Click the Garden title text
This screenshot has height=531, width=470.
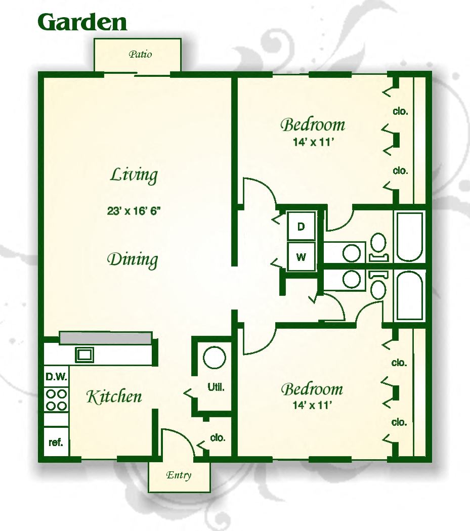82,22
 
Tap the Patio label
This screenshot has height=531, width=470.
140,54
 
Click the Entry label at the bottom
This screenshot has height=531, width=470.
179,475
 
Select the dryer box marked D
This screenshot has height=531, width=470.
301,226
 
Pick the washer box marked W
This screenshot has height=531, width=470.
301,256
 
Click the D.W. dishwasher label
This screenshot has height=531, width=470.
56,377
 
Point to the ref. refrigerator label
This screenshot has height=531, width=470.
56,442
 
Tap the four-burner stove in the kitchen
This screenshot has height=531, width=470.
56,400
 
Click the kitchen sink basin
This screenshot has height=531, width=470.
84,355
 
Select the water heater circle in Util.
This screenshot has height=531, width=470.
214,358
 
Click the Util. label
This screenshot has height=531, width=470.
216,387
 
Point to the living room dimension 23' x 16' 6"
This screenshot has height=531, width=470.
134,211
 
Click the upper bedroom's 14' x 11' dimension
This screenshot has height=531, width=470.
314,142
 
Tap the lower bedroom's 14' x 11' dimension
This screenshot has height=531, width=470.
312,405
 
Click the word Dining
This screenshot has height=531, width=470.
133,260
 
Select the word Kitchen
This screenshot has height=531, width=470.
114,396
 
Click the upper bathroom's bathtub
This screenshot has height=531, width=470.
410,237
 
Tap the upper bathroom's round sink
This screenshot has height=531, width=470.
352,253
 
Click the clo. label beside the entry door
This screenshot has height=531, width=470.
218,437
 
